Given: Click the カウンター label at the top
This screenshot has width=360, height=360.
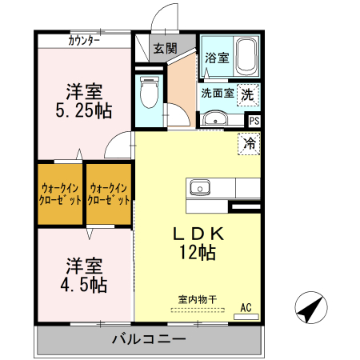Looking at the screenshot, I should point(84,41).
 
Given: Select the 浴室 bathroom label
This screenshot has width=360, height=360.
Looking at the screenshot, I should point(216,58).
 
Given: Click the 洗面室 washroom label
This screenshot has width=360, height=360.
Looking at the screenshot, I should point(217,93).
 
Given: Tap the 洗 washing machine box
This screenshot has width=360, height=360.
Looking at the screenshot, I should point(249,93).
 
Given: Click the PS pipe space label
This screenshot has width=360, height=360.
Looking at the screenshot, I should point(254,122).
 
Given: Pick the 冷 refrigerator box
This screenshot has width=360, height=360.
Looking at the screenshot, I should point(250,145).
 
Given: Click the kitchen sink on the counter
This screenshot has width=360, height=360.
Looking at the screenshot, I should point(199,188).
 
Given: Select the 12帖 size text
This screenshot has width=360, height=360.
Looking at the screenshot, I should point(197,253).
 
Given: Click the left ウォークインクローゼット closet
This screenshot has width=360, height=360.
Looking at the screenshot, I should point(60,194).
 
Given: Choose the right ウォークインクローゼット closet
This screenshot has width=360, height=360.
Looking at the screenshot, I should point(109,194).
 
